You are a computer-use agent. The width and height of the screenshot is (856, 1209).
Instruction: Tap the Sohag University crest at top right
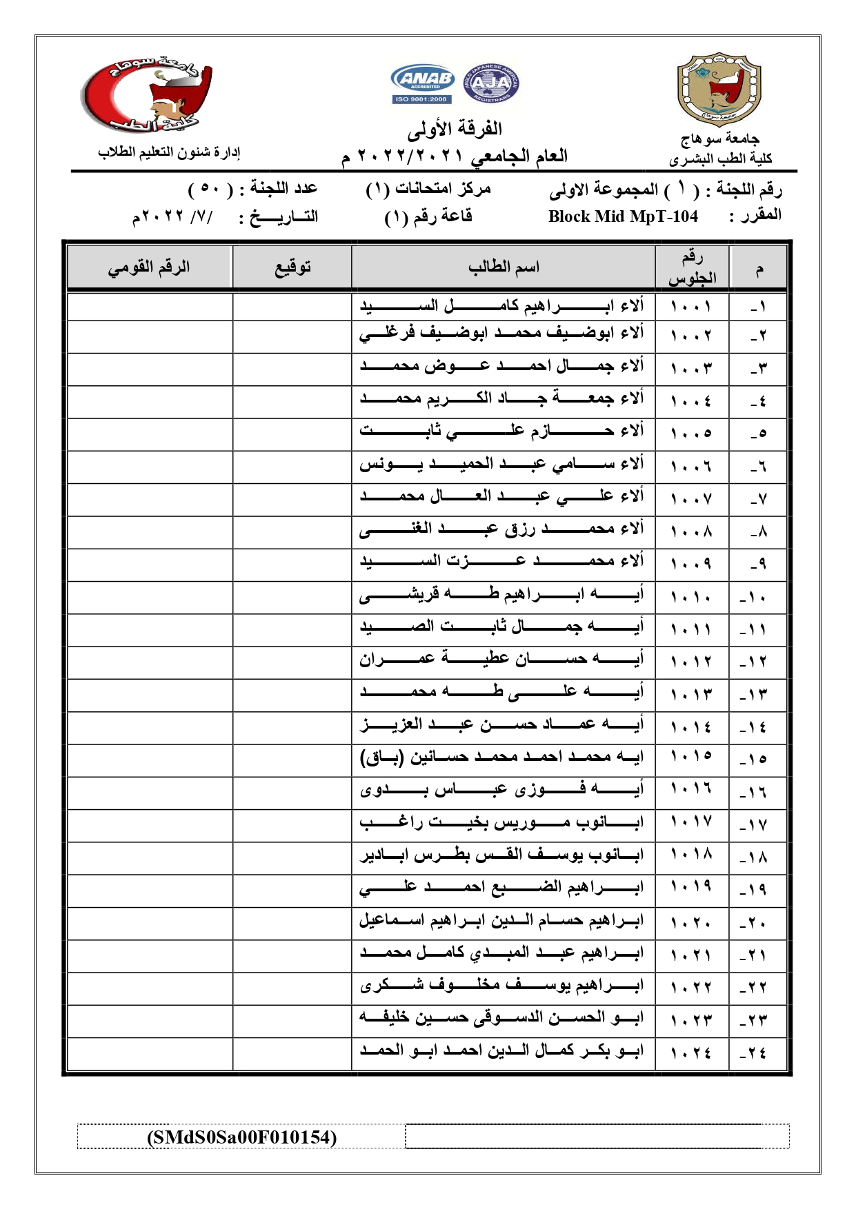tap(719, 88)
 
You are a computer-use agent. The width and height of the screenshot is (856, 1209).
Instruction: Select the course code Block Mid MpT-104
tap(623, 216)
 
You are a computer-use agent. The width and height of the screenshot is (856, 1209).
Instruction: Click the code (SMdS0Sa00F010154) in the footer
tap(241, 1137)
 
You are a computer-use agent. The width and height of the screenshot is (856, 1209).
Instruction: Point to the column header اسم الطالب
tap(504, 267)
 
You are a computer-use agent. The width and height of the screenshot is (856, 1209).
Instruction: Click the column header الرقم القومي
tap(149, 267)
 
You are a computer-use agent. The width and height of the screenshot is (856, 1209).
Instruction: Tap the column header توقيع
tap(292, 267)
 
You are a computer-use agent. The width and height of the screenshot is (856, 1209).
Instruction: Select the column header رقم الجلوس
tap(692, 267)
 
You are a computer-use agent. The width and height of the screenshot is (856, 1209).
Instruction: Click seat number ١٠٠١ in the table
tap(691, 305)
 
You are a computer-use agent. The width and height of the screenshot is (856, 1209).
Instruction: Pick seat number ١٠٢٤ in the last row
tap(691, 1053)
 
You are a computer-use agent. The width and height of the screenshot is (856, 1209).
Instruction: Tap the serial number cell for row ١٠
tap(757, 597)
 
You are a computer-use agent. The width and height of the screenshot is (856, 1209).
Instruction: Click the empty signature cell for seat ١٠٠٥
tap(292, 434)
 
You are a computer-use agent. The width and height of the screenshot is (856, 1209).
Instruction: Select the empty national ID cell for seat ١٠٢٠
tap(150, 922)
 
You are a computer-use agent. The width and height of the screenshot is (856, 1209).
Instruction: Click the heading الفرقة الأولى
tap(455, 129)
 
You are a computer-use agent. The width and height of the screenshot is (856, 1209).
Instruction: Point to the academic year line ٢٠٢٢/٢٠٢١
tap(455, 156)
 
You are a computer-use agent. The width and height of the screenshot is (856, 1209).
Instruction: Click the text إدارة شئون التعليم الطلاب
tap(169, 152)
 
